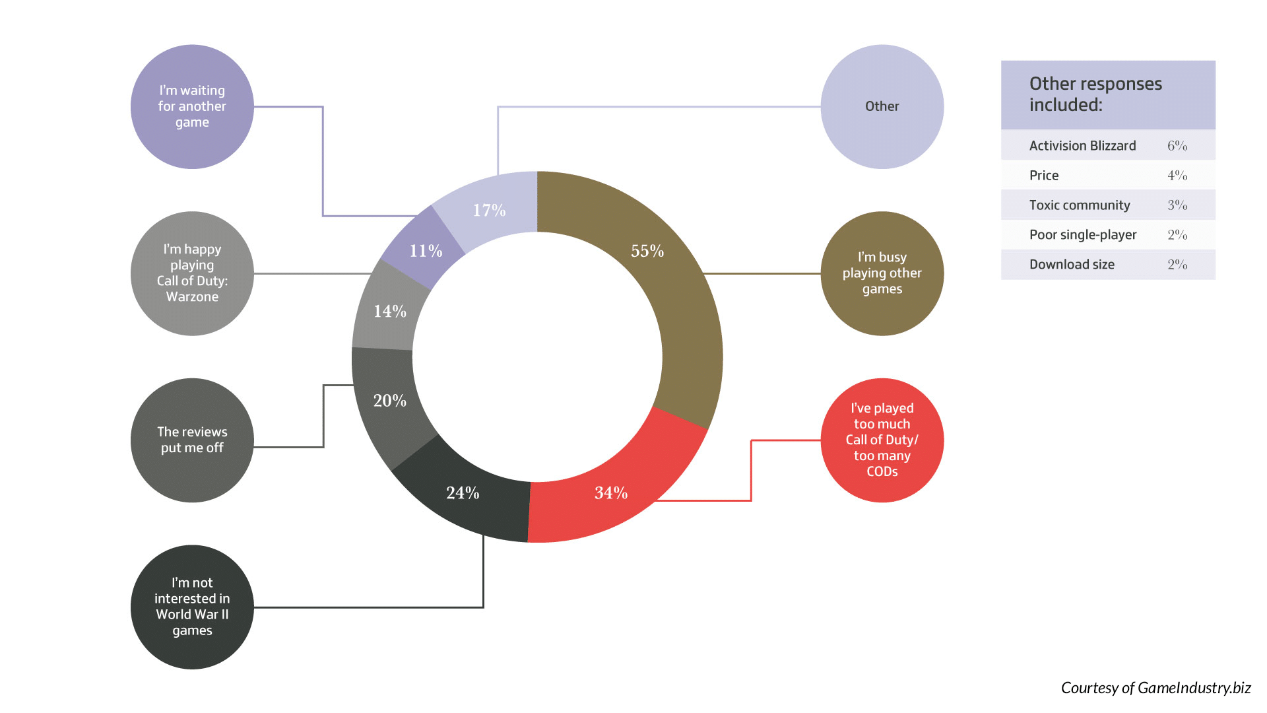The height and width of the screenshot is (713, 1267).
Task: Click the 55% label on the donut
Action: point(647,251)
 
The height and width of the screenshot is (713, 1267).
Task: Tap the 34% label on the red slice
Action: point(611,492)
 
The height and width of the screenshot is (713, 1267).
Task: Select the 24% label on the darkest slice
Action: point(463,492)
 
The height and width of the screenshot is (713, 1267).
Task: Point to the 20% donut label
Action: point(390,400)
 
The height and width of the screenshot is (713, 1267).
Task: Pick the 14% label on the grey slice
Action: point(390,311)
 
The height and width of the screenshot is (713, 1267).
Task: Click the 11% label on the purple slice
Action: point(426,251)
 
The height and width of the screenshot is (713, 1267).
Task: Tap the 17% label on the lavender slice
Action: point(489,210)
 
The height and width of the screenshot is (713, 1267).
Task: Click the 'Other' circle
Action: point(882,106)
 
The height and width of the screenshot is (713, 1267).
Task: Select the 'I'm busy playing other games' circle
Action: point(882,273)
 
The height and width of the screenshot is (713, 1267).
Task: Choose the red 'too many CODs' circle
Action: point(882,440)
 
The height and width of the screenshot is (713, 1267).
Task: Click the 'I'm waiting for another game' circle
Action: point(192,106)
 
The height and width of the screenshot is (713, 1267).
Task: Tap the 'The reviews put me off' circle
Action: point(192,440)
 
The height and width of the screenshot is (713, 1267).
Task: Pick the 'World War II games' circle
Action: point(192,607)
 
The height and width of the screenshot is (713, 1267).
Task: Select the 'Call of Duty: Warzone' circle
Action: point(192,273)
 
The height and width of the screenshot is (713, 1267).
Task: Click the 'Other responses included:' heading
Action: point(1095,94)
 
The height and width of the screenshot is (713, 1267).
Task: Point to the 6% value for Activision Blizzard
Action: point(1177,146)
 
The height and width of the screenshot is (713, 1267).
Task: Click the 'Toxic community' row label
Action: point(1080,205)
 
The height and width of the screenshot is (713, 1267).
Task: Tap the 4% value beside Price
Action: point(1177,176)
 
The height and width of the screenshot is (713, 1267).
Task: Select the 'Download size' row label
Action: point(1072,265)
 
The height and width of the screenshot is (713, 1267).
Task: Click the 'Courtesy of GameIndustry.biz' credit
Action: point(1156,688)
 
